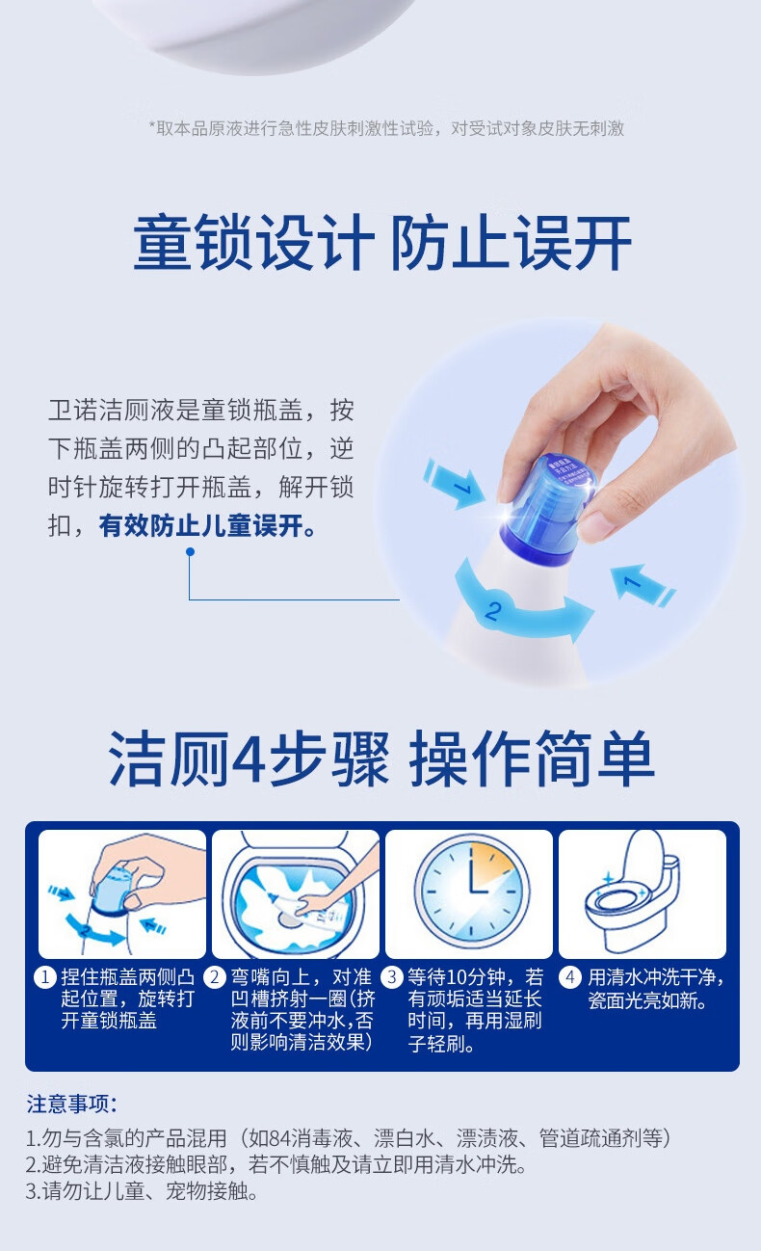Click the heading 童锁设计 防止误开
coord(381,242)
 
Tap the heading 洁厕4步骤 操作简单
coord(381,759)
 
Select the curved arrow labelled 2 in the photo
coord(522,609)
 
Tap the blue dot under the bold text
coord(190,552)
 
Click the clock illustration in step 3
coord(472,890)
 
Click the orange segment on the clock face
coord(490,862)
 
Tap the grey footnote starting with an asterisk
coord(386,128)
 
